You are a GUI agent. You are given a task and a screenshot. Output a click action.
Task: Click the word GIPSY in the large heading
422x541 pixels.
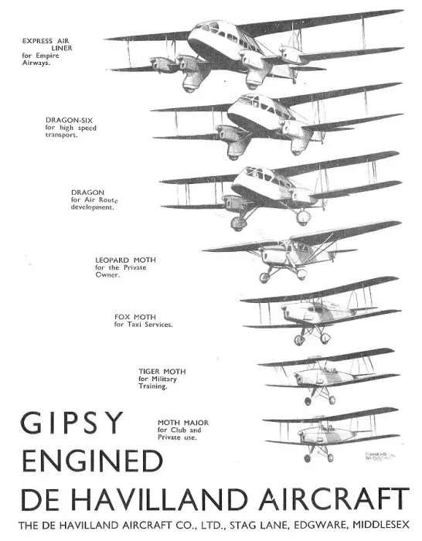[72, 423]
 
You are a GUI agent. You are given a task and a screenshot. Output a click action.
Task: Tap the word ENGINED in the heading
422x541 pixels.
[92, 461]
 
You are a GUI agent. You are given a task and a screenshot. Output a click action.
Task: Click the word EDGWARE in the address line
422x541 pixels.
[320, 525]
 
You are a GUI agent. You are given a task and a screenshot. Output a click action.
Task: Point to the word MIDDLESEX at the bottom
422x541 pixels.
[381, 525]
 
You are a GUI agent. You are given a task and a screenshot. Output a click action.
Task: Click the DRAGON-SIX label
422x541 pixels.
[69, 120]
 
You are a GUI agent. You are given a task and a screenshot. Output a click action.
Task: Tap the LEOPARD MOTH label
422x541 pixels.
[126, 260]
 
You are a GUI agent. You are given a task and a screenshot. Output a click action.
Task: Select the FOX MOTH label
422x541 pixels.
[135, 317]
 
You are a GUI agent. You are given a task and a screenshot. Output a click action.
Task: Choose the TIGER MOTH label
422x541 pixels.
[162, 372]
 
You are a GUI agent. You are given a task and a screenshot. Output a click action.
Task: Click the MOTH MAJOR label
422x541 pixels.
[183, 423]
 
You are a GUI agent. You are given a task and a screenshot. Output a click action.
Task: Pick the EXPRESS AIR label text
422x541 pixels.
[46, 41]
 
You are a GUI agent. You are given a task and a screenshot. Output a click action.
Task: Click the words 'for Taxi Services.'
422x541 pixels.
[144, 325]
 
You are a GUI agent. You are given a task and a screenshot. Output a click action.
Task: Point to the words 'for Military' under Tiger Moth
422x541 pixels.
[158, 379]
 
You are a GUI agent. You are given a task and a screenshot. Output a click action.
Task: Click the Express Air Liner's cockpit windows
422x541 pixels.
[208, 26]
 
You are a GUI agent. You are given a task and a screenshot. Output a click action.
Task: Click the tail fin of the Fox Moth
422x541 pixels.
[352, 300]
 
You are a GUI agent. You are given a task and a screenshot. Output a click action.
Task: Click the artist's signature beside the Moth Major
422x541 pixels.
[379, 456]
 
